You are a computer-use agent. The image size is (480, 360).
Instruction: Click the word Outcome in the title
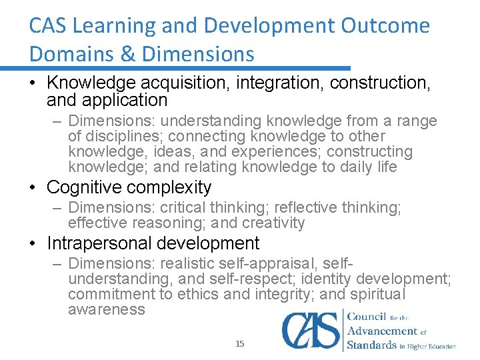click(x=385, y=26)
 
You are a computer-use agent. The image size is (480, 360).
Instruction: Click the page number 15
click(x=240, y=344)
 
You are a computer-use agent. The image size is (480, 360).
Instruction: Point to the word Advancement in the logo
click(x=383, y=331)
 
